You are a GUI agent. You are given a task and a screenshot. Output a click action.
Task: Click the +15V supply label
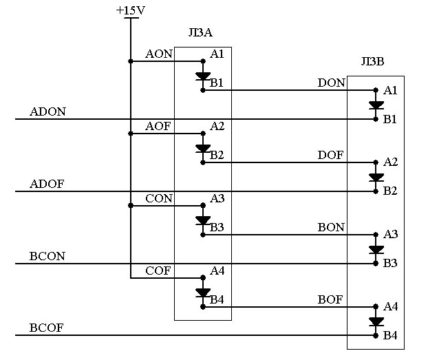[x=131, y=10]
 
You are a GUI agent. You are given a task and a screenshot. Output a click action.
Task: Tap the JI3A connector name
[x=200, y=32]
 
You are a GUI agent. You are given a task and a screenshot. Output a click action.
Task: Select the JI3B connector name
[x=372, y=61]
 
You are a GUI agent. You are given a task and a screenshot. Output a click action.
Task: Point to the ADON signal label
[x=47, y=112]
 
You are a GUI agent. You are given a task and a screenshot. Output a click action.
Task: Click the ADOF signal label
[x=47, y=184]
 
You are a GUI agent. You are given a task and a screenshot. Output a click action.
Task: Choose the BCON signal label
[x=47, y=256]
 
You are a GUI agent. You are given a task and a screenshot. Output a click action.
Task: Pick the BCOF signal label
[x=46, y=328]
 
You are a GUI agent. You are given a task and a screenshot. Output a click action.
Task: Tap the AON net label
[x=159, y=54]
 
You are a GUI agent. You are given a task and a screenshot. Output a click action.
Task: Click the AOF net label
[x=158, y=126]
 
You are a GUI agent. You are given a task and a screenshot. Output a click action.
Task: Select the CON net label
[x=159, y=198]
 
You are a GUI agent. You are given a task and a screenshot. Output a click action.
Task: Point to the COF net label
[x=158, y=271]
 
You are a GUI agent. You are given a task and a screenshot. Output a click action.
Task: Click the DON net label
[x=332, y=83]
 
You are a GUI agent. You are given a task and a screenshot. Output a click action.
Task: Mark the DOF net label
[x=330, y=155]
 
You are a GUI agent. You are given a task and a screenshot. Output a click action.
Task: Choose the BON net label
[x=331, y=227]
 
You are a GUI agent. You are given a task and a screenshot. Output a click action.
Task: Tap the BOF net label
[x=330, y=299]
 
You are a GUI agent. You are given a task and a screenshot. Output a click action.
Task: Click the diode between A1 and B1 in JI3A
[x=203, y=76]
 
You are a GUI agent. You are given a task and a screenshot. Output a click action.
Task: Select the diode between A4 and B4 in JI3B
[x=376, y=321]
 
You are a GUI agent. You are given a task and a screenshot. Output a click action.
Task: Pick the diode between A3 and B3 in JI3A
[x=203, y=221]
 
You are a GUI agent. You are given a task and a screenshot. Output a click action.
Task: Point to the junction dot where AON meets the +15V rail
[x=131, y=61]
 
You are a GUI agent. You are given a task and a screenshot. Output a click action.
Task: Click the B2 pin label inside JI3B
[x=390, y=191]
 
